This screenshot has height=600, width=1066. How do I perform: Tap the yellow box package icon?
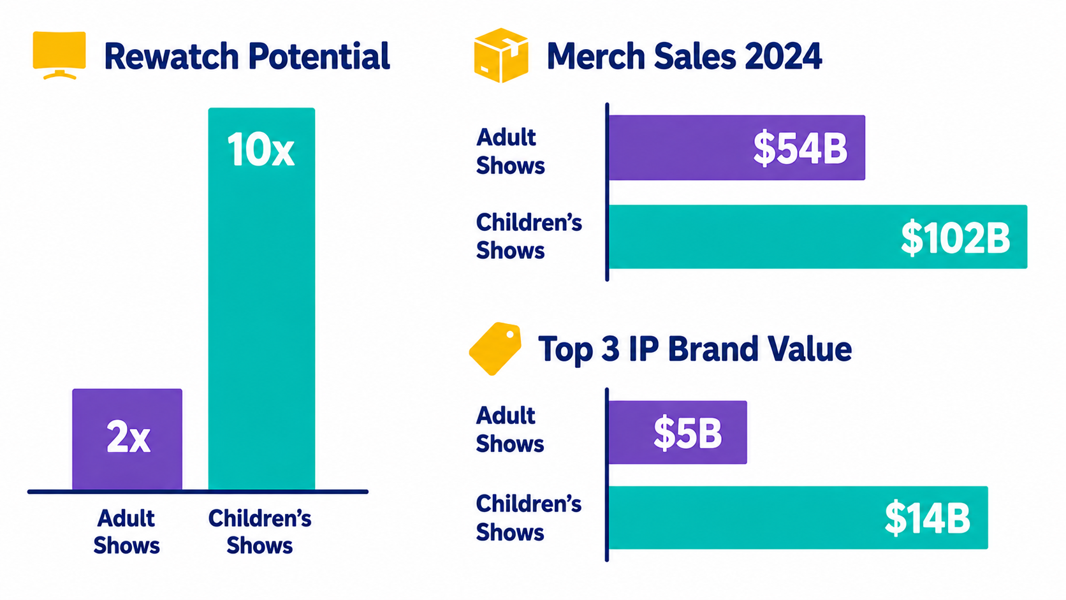[x=501, y=55]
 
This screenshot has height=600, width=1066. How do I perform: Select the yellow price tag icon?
[x=495, y=348]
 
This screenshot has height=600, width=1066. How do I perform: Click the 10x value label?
[x=261, y=150]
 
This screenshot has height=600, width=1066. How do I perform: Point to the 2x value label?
[x=129, y=437]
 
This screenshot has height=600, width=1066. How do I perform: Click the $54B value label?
[x=800, y=149]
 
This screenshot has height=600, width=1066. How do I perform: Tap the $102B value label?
[x=956, y=238]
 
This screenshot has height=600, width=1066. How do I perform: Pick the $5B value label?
[x=688, y=432]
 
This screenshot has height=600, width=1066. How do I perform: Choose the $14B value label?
[x=927, y=518]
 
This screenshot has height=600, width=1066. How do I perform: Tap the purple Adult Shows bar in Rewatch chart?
[x=127, y=439]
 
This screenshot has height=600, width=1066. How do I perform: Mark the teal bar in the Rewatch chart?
[x=262, y=299]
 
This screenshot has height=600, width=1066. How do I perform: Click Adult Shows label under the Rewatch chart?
[x=127, y=532]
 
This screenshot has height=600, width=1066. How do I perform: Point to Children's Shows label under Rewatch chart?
[x=260, y=532]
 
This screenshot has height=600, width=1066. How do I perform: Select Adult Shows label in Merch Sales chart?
[x=510, y=152]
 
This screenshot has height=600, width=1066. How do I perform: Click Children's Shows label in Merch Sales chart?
[x=529, y=237]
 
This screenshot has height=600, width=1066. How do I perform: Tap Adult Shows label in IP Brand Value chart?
[x=509, y=430]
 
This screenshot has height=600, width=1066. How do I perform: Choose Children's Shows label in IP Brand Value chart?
[x=529, y=518]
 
